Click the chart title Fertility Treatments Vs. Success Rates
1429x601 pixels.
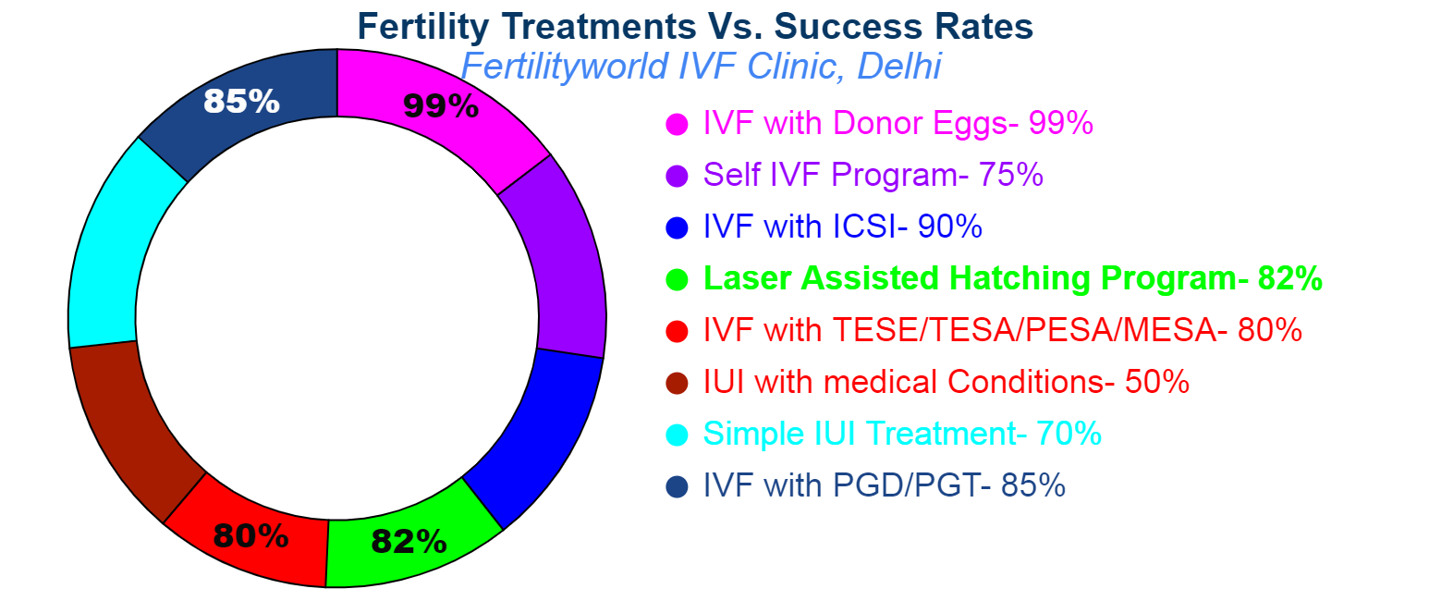click(695, 26)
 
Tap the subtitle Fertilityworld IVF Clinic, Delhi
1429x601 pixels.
click(701, 67)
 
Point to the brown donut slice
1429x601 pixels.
click(129, 425)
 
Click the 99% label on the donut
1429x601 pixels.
click(441, 106)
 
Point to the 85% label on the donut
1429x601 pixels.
click(241, 101)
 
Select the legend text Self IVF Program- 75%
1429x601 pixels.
click(873, 175)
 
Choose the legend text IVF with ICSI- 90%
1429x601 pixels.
click(842, 227)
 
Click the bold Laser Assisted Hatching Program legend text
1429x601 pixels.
click(1013, 278)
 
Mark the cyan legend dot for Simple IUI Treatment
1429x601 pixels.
click(678, 435)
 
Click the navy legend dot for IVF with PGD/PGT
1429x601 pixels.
click(678, 486)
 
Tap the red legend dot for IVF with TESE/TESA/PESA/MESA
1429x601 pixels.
click(678, 331)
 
